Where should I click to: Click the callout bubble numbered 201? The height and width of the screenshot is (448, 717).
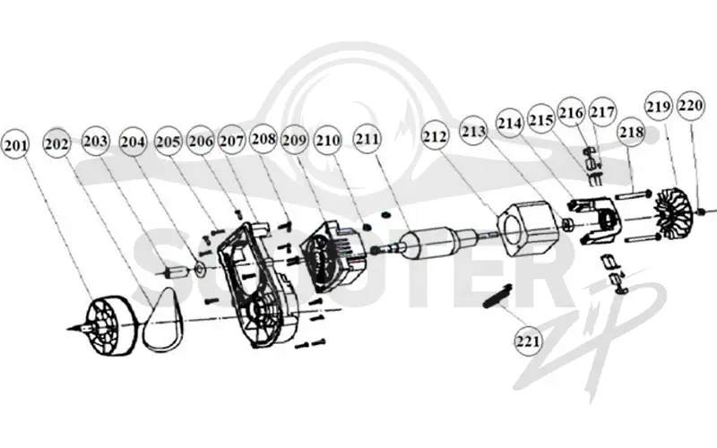coord(16,145)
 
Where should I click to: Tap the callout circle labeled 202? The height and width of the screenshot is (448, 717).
coord(57,143)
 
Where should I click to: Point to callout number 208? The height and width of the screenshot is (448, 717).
coord(263,138)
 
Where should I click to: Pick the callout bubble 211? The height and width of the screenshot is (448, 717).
coord(367,138)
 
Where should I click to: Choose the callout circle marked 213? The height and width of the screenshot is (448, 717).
coord(474,132)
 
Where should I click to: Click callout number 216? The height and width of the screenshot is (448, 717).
coord(572,112)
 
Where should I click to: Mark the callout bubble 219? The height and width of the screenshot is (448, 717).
coord(659,107)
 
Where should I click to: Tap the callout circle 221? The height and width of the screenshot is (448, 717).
coord(528,341)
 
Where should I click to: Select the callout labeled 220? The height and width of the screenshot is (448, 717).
coord(690,106)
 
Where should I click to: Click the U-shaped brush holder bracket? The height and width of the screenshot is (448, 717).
coord(594,220)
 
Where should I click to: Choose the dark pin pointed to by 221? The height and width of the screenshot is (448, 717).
coord(497,296)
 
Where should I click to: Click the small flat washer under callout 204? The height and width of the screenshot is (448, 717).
coord(200,270)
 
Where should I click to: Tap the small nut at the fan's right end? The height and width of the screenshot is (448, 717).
coord(700,211)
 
